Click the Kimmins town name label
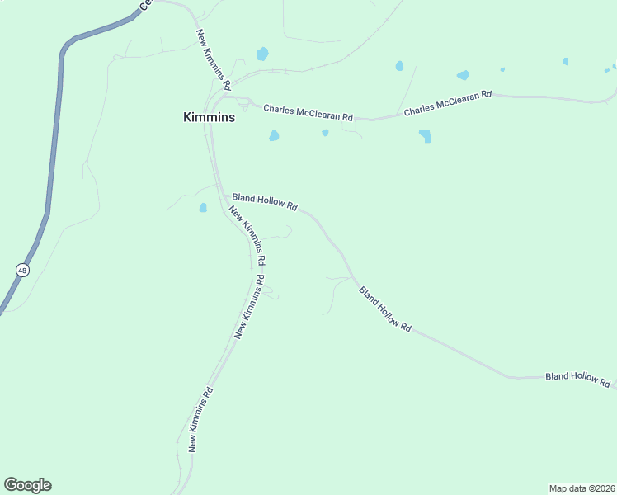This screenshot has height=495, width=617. [x=209, y=117]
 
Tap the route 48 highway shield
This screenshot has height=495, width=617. [x=21, y=270]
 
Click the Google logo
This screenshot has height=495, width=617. [x=27, y=485]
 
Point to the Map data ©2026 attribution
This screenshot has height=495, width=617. [x=582, y=488]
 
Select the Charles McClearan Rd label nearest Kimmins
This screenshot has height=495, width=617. [x=308, y=112]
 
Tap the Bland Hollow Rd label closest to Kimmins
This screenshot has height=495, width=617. [x=265, y=202]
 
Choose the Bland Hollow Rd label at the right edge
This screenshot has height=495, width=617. [x=577, y=379]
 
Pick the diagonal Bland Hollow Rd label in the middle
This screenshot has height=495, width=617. [x=384, y=309]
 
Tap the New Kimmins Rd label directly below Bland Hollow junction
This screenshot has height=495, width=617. [x=247, y=234]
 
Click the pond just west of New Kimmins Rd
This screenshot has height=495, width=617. [x=203, y=208]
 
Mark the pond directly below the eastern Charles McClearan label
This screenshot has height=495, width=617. [x=426, y=136]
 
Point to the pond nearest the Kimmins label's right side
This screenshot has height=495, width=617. [x=274, y=136]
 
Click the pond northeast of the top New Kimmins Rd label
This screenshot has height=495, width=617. [x=262, y=54]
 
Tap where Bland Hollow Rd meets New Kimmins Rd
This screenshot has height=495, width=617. [x=223, y=196]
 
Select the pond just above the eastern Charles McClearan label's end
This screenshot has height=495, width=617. [x=463, y=75]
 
